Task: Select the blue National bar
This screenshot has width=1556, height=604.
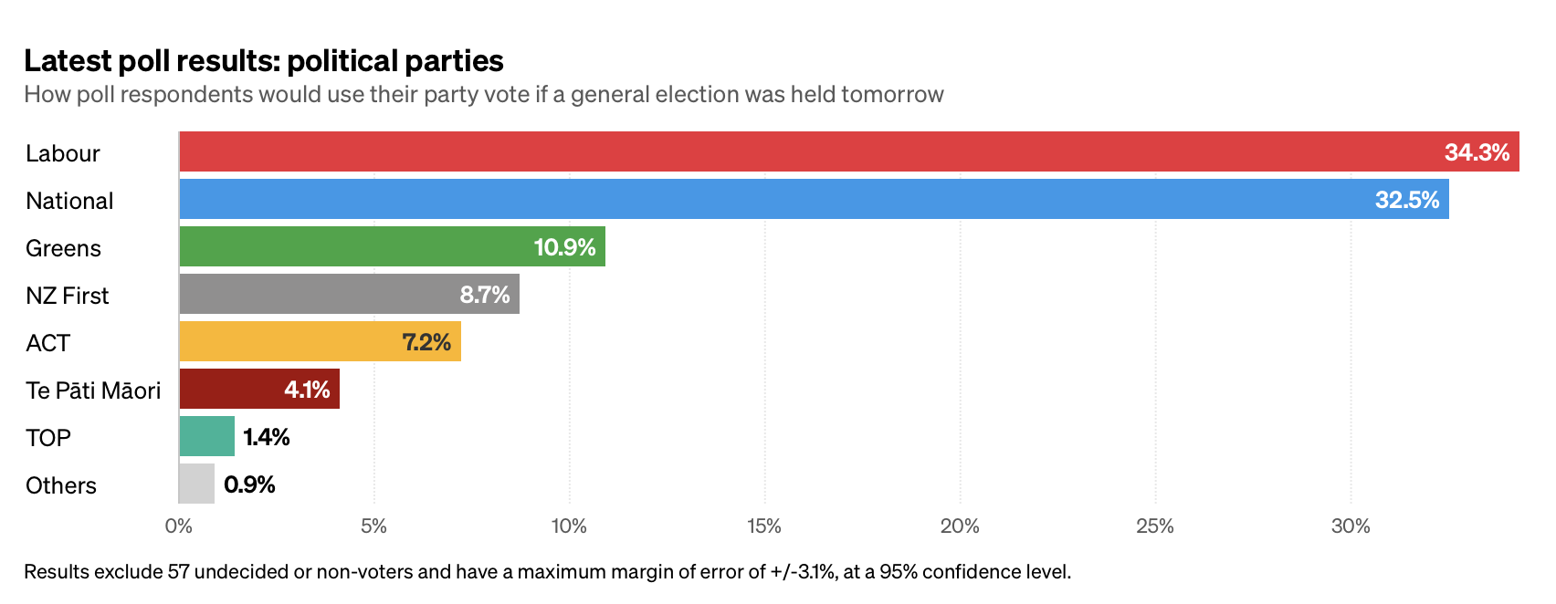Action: click(x=776, y=199)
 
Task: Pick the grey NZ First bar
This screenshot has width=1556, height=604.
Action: click(x=320, y=294)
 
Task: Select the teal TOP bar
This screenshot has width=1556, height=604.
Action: click(x=207, y=436)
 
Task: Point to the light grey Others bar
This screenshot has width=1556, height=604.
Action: click(x=197, y=484)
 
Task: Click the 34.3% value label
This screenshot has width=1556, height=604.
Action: click(x=1476, y=152)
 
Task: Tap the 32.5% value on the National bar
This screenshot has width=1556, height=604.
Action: click(x=1406, y=200)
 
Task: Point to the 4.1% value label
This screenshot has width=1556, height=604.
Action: click(x=307, y=390)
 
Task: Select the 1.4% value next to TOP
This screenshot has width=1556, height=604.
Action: click(x=267, y=437)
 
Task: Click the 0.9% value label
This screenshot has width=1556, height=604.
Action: click(x=249, y=484)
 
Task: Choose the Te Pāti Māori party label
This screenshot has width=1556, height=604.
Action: click(x=93, y=391)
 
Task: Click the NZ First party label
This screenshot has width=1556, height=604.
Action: click(x=68, y=296)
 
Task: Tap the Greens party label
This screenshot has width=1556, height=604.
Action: click(x=63, y=248)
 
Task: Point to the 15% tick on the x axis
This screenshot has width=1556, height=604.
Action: click(x=764, y=526)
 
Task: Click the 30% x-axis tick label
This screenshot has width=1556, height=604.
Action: click(x=1351, y=526)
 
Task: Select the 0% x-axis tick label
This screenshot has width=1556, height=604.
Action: click(x=179, y=526)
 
